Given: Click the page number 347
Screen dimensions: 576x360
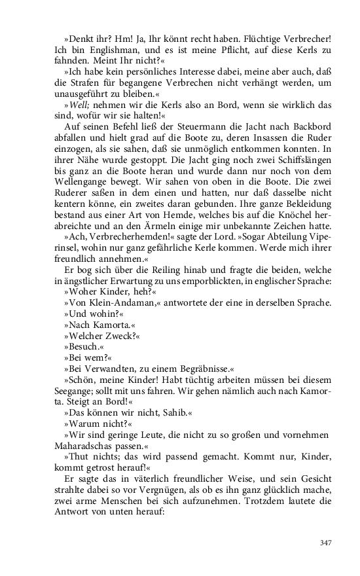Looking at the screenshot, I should click(x=327, y=542).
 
